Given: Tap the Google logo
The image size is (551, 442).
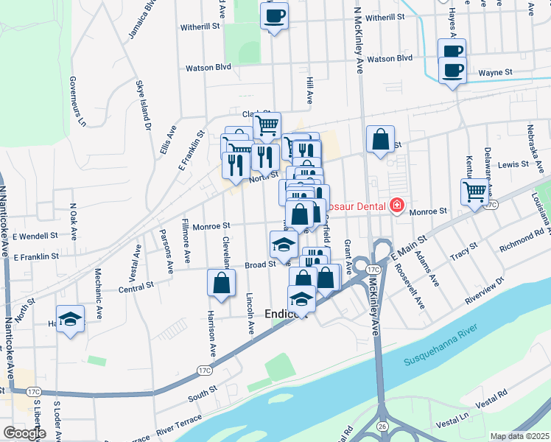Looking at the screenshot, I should (x=24, y=433).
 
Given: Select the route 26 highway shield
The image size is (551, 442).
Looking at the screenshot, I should (x=382, y=426).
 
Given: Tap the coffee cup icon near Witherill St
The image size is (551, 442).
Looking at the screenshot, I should (x=274, y=15).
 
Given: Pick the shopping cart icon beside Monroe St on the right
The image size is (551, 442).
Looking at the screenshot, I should (x=475, y=192).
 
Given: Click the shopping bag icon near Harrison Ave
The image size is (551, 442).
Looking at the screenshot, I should (x=222, y=283).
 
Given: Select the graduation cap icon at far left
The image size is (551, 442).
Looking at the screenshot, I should (x=70, y=318).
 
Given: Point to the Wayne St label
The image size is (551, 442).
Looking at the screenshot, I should (x=495, y=73).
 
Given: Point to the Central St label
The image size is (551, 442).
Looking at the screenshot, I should (x=136, y=285).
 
